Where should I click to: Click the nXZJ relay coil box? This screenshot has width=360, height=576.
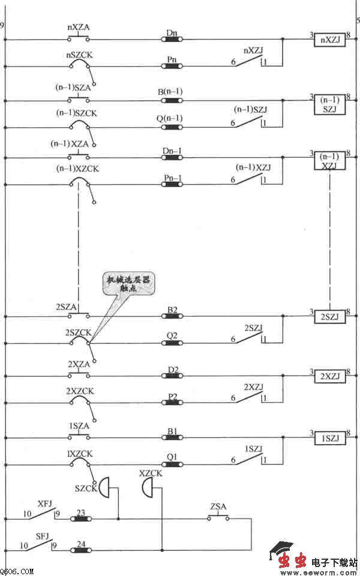[330, 40]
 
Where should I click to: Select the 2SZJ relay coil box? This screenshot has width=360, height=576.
[330, 316]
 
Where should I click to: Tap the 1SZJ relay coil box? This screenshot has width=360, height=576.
[330, 438]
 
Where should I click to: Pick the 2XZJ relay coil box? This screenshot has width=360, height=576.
[330, 376]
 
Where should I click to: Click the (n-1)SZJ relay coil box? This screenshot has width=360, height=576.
[330, 103]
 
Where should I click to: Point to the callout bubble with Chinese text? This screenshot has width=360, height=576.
[128, 284]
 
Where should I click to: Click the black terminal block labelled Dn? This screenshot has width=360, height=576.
[173, 40]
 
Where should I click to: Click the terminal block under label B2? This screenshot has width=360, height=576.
[173, 316]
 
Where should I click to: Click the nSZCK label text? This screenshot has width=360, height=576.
[79, 54]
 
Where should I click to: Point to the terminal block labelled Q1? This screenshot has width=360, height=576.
[173, 464]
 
